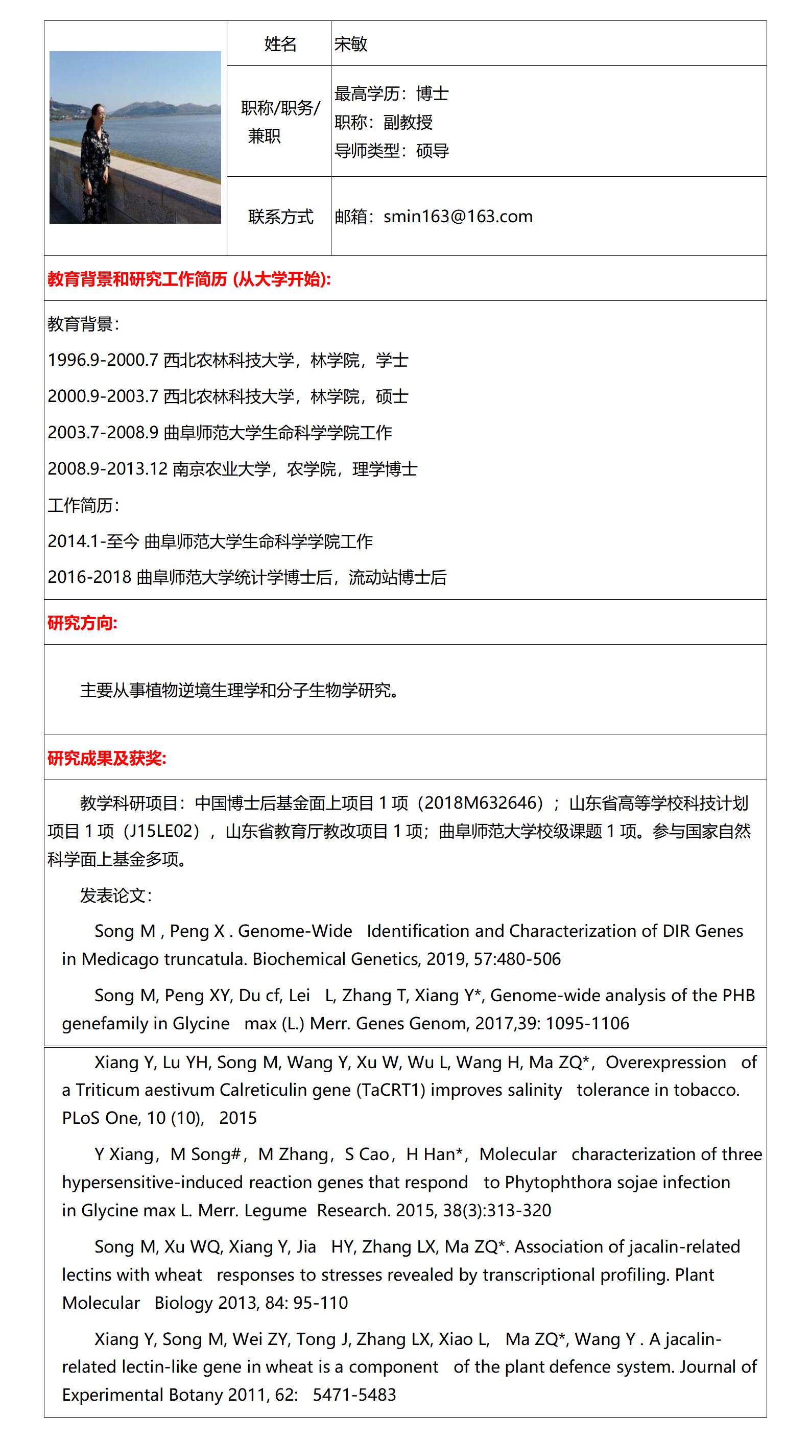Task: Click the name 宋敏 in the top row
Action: tap(350, 44)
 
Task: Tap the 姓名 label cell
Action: tap(280, 44)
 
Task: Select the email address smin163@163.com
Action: tap(458, 217)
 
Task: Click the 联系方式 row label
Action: tap(280, 217)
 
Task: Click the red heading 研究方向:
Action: tap(83, 623)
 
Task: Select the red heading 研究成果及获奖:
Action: tap(107, 758)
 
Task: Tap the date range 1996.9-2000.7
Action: tap(103, 360)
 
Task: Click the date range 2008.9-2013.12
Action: tap(108, 469)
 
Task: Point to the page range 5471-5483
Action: tap(354, 1395)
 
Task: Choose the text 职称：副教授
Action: tap(384, 122)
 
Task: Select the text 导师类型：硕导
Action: tap(391, 151)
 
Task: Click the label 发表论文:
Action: tap(115, 895)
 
